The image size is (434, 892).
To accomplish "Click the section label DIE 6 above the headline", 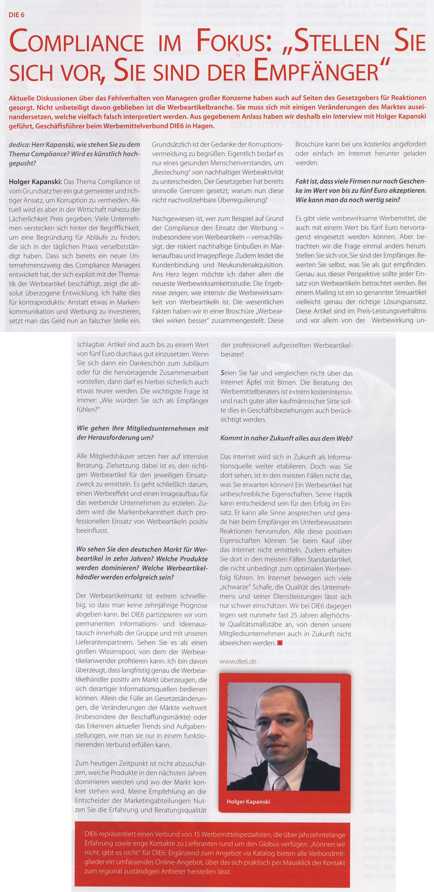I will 16,15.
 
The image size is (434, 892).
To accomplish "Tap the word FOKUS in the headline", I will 234,41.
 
